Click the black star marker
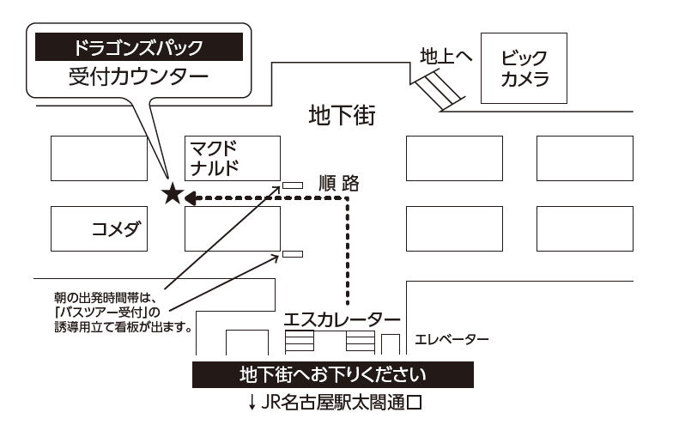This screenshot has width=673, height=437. (173, 194)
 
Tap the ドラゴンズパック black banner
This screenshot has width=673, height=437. (138, 46)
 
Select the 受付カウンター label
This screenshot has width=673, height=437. (138, 76)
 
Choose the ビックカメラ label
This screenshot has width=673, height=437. (524, 68)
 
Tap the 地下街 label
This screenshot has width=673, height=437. (342, 116)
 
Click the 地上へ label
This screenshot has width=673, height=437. (446, 56)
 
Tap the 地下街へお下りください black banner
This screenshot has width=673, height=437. (332, 375)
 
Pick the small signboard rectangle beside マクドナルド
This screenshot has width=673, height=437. (293, 185)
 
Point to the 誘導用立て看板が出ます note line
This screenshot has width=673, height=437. (122, 327)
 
